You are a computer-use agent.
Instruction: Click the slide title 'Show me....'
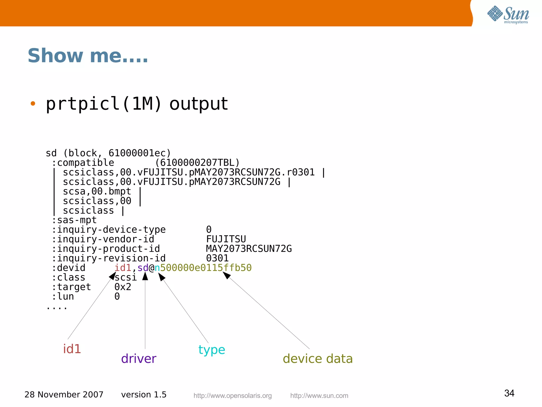88,56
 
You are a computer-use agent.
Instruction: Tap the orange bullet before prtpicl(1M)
33,104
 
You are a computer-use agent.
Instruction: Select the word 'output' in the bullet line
198,104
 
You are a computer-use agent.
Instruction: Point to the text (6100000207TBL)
197,163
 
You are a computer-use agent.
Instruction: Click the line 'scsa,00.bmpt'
97,191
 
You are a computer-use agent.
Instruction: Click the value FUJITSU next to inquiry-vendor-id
226,239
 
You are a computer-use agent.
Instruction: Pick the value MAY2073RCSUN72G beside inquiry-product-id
249,249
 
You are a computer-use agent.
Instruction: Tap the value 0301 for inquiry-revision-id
217,258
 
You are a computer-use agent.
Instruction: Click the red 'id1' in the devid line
123,268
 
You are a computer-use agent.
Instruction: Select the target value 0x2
123,287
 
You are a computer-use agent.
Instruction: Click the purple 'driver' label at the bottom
139,359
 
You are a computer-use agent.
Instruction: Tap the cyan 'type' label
212,350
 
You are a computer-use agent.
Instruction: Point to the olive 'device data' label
318,359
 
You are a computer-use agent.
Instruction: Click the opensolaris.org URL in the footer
232,396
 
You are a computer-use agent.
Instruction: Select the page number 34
509,393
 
